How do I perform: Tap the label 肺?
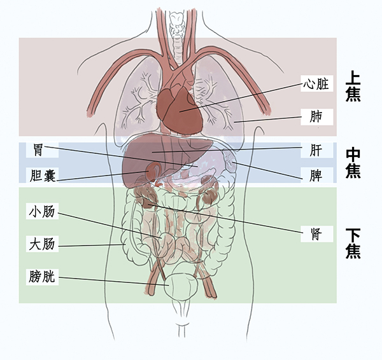point(316,117)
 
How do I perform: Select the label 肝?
point(316,151)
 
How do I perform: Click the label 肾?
point(316,231)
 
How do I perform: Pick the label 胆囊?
point(43,176)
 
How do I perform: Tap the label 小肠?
point(43,212)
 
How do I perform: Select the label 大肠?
point(43,244)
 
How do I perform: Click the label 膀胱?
point(43,277)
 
